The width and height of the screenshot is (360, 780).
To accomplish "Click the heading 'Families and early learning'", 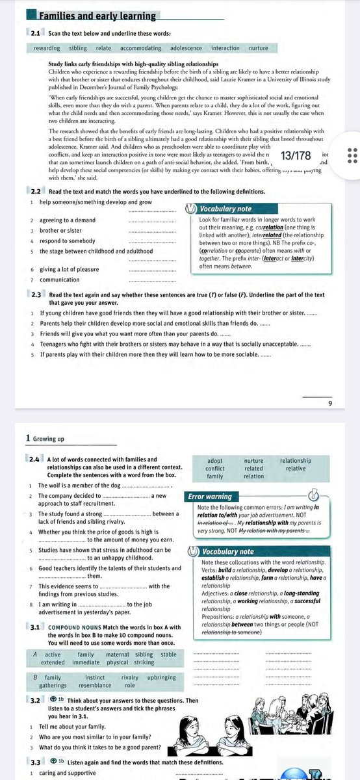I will (97, 16).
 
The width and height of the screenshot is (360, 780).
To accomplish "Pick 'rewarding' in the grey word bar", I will (47, 48).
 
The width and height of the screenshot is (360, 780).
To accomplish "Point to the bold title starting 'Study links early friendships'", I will (133, 63).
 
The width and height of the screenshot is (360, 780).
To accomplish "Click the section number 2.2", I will (36, 191).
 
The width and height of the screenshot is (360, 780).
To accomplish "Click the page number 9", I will (330, 404).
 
